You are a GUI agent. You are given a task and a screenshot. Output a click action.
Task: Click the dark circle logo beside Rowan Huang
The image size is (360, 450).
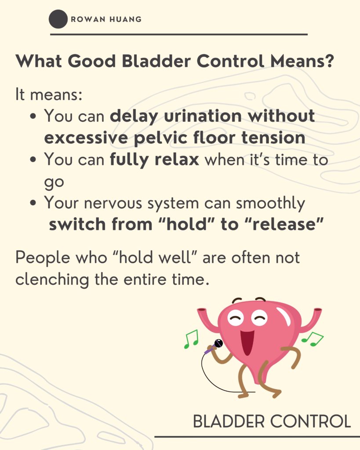click(x=58, y=19)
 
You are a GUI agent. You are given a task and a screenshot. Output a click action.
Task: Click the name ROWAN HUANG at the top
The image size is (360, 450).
click(x=106, y=19)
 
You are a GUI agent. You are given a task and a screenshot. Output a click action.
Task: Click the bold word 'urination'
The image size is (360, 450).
click(x=203, y=116)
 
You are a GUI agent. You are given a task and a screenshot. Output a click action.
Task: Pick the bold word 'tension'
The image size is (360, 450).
click(x=273, y=138)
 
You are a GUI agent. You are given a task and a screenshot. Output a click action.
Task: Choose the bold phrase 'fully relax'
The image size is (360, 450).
click(x=154, y=160)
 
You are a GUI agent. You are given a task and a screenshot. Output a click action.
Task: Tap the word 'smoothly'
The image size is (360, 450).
click(x=270, y=203)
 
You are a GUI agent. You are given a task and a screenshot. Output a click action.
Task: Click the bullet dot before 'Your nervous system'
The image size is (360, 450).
click(x=33, y=203)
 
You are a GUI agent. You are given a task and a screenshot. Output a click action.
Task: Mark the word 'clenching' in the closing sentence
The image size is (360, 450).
click(x=52, y=279)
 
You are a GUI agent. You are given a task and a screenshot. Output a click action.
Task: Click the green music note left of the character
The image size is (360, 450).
click(x=191, y=339)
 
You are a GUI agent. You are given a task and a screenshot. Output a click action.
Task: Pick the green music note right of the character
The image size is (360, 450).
click(x=313, y=339)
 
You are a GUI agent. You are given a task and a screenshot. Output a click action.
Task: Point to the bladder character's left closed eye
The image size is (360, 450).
click(x=236, y=318)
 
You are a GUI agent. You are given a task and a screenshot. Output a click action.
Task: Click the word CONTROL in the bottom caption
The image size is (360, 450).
click(x=310, y=421)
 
